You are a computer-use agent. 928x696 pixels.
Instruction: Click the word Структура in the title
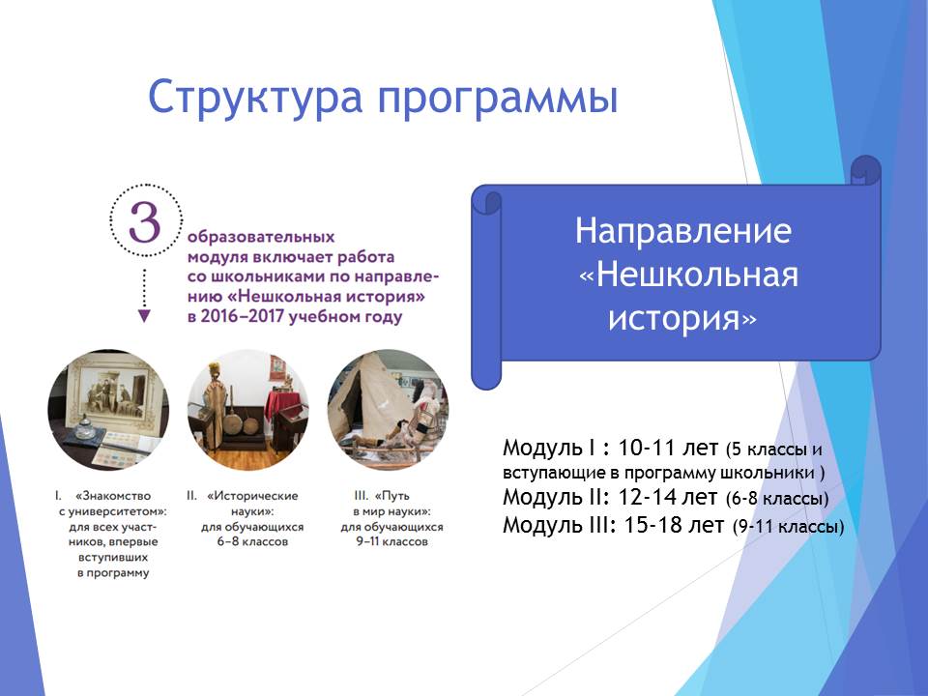click(x=255, y=98)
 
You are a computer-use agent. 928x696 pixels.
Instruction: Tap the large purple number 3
click(x=145, y=222)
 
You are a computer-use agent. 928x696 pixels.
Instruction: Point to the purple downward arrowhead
click(x=144, y=316)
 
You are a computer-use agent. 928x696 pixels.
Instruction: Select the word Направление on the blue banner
click(x=683, y=230)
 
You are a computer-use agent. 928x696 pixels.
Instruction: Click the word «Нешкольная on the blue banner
click(x=689, y=275)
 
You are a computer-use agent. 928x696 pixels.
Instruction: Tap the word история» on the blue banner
click(x=682, y=318)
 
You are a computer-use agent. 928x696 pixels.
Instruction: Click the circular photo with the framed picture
click(x=108, y=410)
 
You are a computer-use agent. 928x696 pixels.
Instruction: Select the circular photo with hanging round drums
click(x=248, y=410)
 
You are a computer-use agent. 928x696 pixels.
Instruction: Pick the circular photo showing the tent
click(x=389, y=410)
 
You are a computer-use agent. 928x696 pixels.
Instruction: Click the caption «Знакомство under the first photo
click(x=112, y=496)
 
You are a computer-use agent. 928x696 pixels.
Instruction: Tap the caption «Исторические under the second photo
click(x=252, y=496)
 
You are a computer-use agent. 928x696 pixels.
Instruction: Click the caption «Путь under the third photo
click(x=391, y=496)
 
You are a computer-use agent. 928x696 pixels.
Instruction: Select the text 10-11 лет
click(x=668, y=448)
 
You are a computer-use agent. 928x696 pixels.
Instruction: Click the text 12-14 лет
click(x=668, y=497)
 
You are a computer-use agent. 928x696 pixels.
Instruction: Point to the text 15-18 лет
click(x=674, y=524)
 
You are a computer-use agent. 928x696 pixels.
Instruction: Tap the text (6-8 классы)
click(x=777, y=499)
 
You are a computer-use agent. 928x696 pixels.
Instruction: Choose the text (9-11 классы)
click(x=789, y=526)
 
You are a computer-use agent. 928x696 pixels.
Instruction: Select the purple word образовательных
click(x=261, y=238)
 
